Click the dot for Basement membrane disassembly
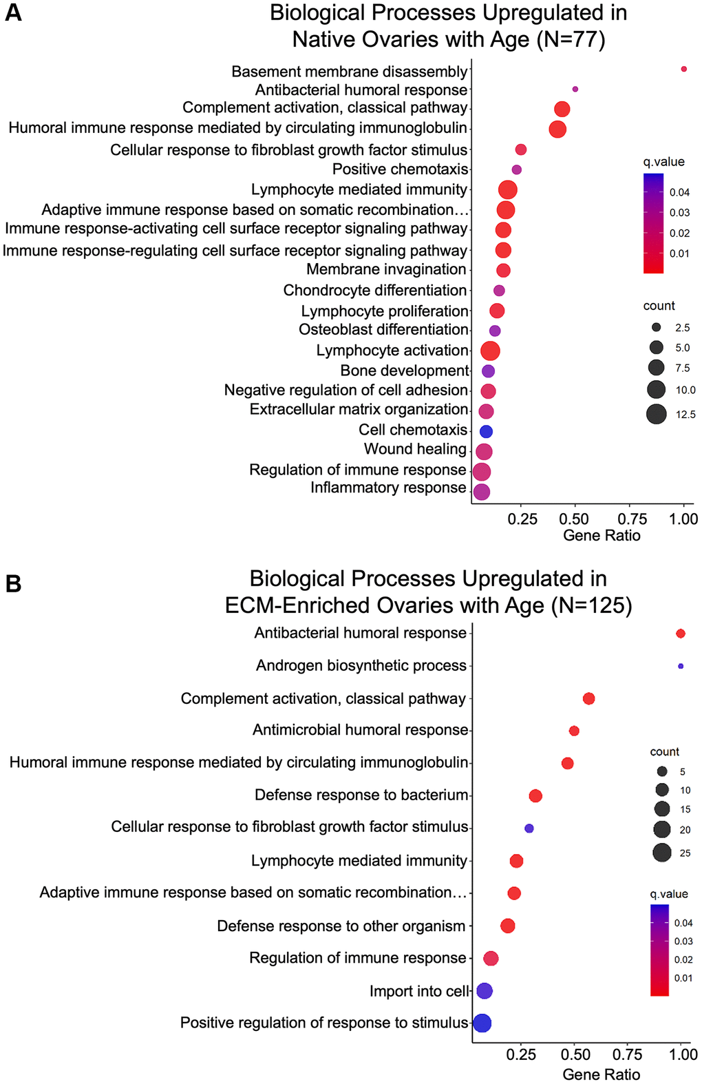pos(683,69)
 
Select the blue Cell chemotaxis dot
pos(486,432)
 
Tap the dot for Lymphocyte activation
pos(490,351)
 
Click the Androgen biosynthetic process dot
pos(681,666)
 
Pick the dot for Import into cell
pos(485,991)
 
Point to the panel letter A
pos(13,13)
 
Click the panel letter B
pos(13,584)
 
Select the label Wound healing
pos(415,449)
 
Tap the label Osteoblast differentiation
pos(383,330)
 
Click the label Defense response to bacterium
pos(361,795)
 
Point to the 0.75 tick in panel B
pos(628,1054)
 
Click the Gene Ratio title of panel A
pos(602,536)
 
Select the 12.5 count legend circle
pos(657,414)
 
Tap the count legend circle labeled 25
pos(662,853)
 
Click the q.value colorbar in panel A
pos(653,223)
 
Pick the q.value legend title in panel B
pos(669,894)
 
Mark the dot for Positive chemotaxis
pos(517,169)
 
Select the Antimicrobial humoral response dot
pos(574,731)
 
